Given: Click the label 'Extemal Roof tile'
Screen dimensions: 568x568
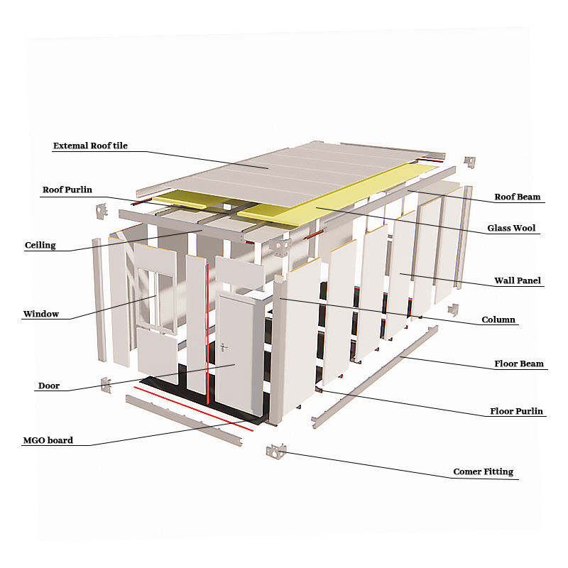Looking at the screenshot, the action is click(x=90, y=146).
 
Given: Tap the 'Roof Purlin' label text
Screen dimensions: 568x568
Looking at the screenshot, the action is click(x=67, y=190).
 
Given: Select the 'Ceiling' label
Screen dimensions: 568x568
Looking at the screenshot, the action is click(x=40, y=246).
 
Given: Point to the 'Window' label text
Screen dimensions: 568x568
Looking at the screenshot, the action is click(x=41, y=314).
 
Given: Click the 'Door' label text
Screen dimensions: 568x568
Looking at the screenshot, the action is click(x=49, y=386).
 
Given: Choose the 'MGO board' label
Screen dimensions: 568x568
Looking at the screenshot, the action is click(x=48, y=440).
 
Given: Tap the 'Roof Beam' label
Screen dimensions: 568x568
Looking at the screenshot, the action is click(x=518, y=197).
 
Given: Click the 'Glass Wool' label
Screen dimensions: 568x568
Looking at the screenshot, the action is click(x=511, y=229).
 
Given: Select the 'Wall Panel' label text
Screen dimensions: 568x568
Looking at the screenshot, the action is click(x=518, y=280).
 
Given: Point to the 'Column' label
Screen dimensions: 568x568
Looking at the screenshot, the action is click(x=498, y=319).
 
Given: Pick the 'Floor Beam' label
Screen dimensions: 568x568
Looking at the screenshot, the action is click(x=519, y=364).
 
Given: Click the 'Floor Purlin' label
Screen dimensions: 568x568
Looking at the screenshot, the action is click(x=517, y=411).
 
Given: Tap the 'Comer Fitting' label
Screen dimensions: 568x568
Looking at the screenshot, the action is click(x=483, y=471).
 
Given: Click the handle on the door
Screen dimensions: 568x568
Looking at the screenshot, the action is click(x=224, y=348).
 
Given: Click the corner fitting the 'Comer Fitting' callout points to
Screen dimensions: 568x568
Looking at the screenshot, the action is click(x=275, y=450).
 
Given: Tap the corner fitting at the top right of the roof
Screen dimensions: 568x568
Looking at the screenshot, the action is click(x=469, y=162).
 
